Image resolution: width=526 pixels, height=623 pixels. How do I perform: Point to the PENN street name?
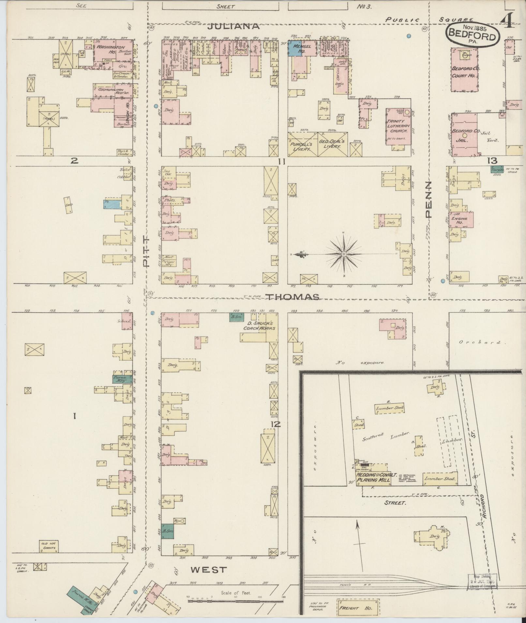(428, 200)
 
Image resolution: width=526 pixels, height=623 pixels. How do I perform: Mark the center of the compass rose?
(343, 254)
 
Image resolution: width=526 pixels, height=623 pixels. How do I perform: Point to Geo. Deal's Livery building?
(332, 144)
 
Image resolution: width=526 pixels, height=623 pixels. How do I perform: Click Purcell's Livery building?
(302, 144)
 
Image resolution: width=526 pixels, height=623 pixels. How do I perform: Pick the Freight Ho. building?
(358, 608)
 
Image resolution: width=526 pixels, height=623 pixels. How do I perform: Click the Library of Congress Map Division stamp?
(482, 581)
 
